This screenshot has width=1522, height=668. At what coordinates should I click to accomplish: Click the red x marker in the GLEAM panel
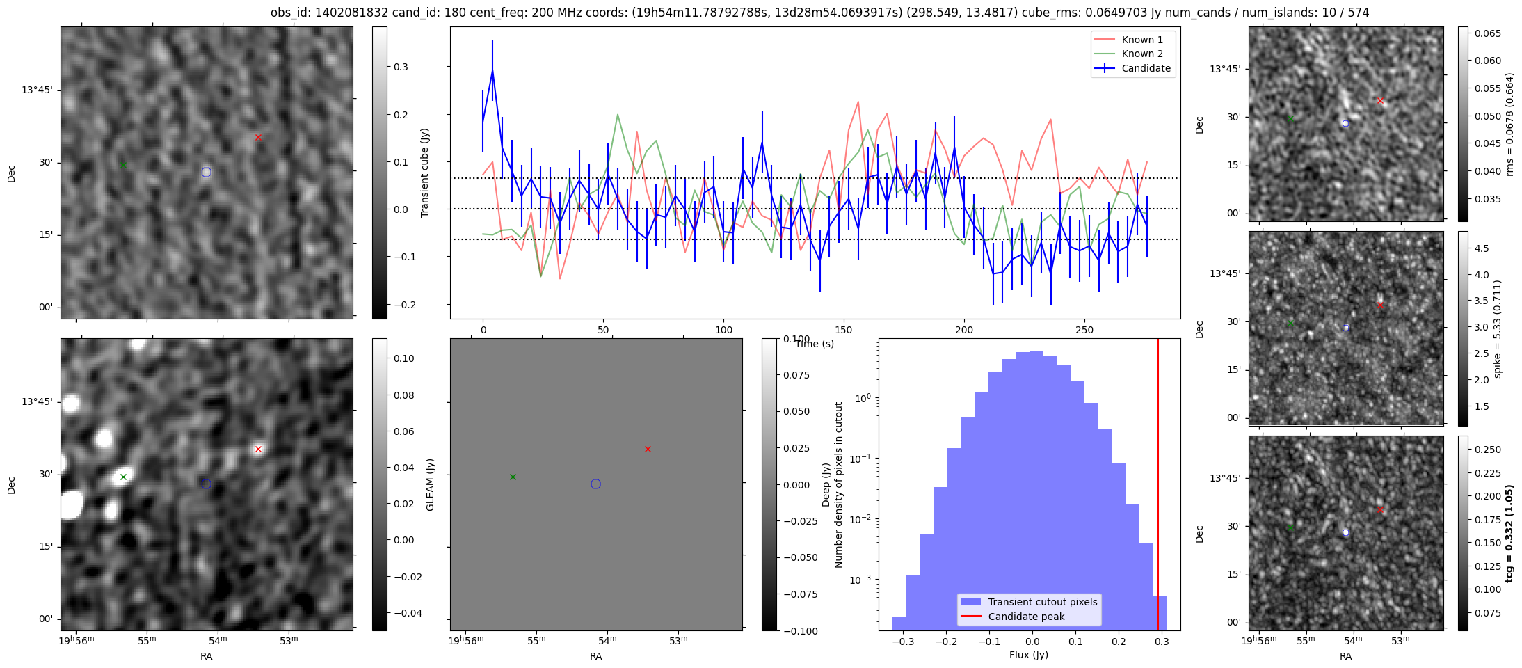coord(648,450)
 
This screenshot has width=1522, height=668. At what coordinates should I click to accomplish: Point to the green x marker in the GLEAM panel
coord(513,477)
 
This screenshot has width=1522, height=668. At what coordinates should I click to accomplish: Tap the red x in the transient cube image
coord(258,138)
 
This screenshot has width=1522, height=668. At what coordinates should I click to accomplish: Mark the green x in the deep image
coord(123,477)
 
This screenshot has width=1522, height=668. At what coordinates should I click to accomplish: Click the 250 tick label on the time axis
coord(1084,330)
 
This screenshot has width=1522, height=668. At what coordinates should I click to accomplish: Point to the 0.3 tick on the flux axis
coord(1162,641)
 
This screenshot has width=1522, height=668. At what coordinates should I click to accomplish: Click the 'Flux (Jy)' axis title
coord(1029,655)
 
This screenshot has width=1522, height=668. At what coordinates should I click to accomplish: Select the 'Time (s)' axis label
coord(815,344)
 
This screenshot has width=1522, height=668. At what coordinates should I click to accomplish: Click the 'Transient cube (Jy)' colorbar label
coord(425,173)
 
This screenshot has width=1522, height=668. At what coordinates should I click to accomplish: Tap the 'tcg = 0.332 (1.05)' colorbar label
coord(1509,534)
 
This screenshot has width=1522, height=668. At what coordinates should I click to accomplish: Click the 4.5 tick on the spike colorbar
coord(1482,248)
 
